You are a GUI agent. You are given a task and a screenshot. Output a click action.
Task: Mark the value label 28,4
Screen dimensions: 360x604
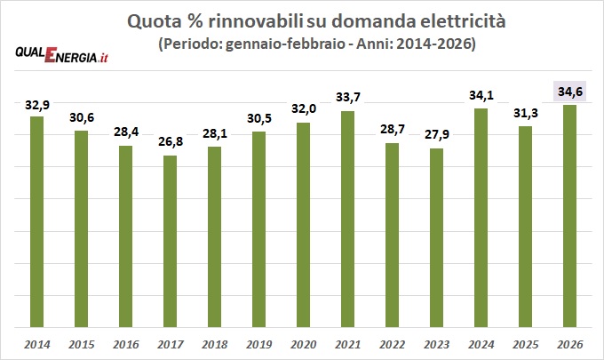(x=126, y=132)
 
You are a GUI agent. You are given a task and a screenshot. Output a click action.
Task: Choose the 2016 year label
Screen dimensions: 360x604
(x=126, y=342)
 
